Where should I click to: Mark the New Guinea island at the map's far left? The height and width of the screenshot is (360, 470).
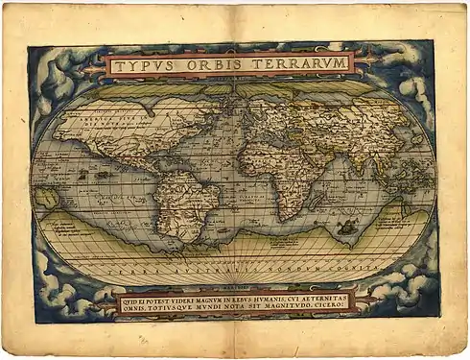pos(46,198)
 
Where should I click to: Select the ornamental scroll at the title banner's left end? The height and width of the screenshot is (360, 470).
pos(94,66)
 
